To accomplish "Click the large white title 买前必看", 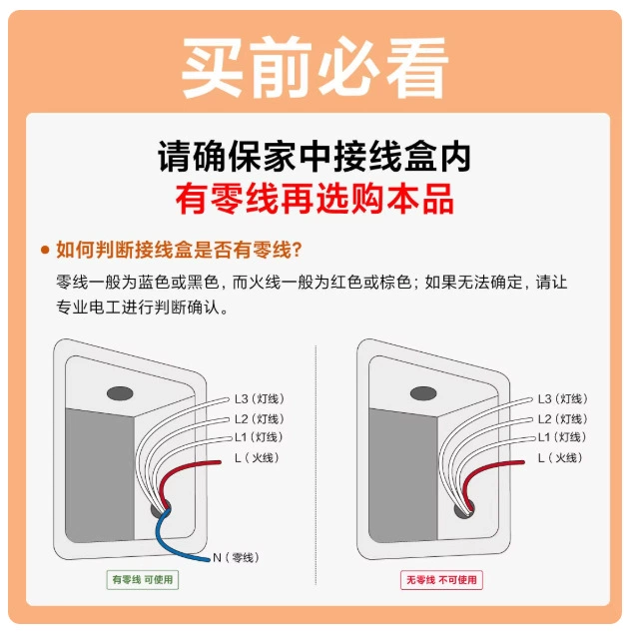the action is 315,67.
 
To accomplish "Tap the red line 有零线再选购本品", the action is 315,198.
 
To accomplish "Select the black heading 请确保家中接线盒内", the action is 315,157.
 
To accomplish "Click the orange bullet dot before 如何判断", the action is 45,250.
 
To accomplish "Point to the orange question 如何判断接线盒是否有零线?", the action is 179,250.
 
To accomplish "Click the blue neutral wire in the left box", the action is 170,538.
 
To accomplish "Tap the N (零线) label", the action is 236,557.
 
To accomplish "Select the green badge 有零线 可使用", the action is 143,580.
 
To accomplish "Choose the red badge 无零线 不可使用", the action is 441,580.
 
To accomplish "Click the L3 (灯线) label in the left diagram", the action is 260,399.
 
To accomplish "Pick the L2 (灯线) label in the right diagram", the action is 562,419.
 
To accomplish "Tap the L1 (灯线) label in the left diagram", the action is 259,437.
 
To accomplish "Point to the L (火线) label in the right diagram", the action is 560,457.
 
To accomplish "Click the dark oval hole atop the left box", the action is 120,393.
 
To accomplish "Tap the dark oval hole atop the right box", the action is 423,393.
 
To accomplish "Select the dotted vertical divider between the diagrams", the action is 315,465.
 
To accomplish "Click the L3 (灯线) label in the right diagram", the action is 562,399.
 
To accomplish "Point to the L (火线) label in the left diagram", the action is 257,457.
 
